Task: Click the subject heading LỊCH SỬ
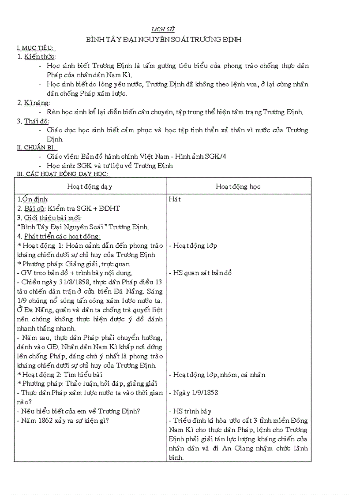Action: point(163,30)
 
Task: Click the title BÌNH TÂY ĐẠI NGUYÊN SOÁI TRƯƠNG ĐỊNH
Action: point(164,40)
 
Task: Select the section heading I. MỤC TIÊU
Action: point(35,48)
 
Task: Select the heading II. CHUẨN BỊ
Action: point(37,148)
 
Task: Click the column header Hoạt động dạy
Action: point(90,186)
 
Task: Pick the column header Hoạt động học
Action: point(238,186)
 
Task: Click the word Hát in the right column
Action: point(175,199)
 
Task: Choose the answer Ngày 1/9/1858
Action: point(195,393)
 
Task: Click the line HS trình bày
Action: point(192,411)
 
